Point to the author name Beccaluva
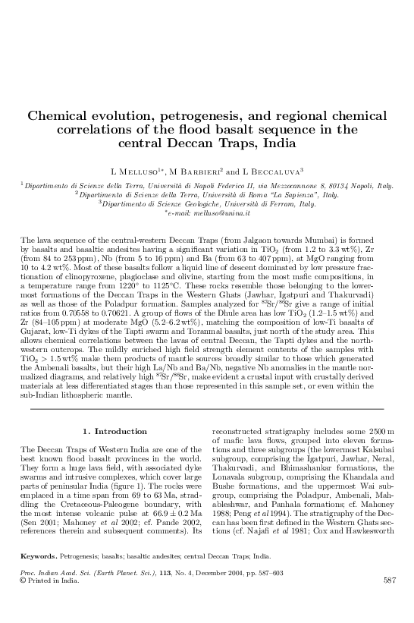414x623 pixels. (x=272, y=171)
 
